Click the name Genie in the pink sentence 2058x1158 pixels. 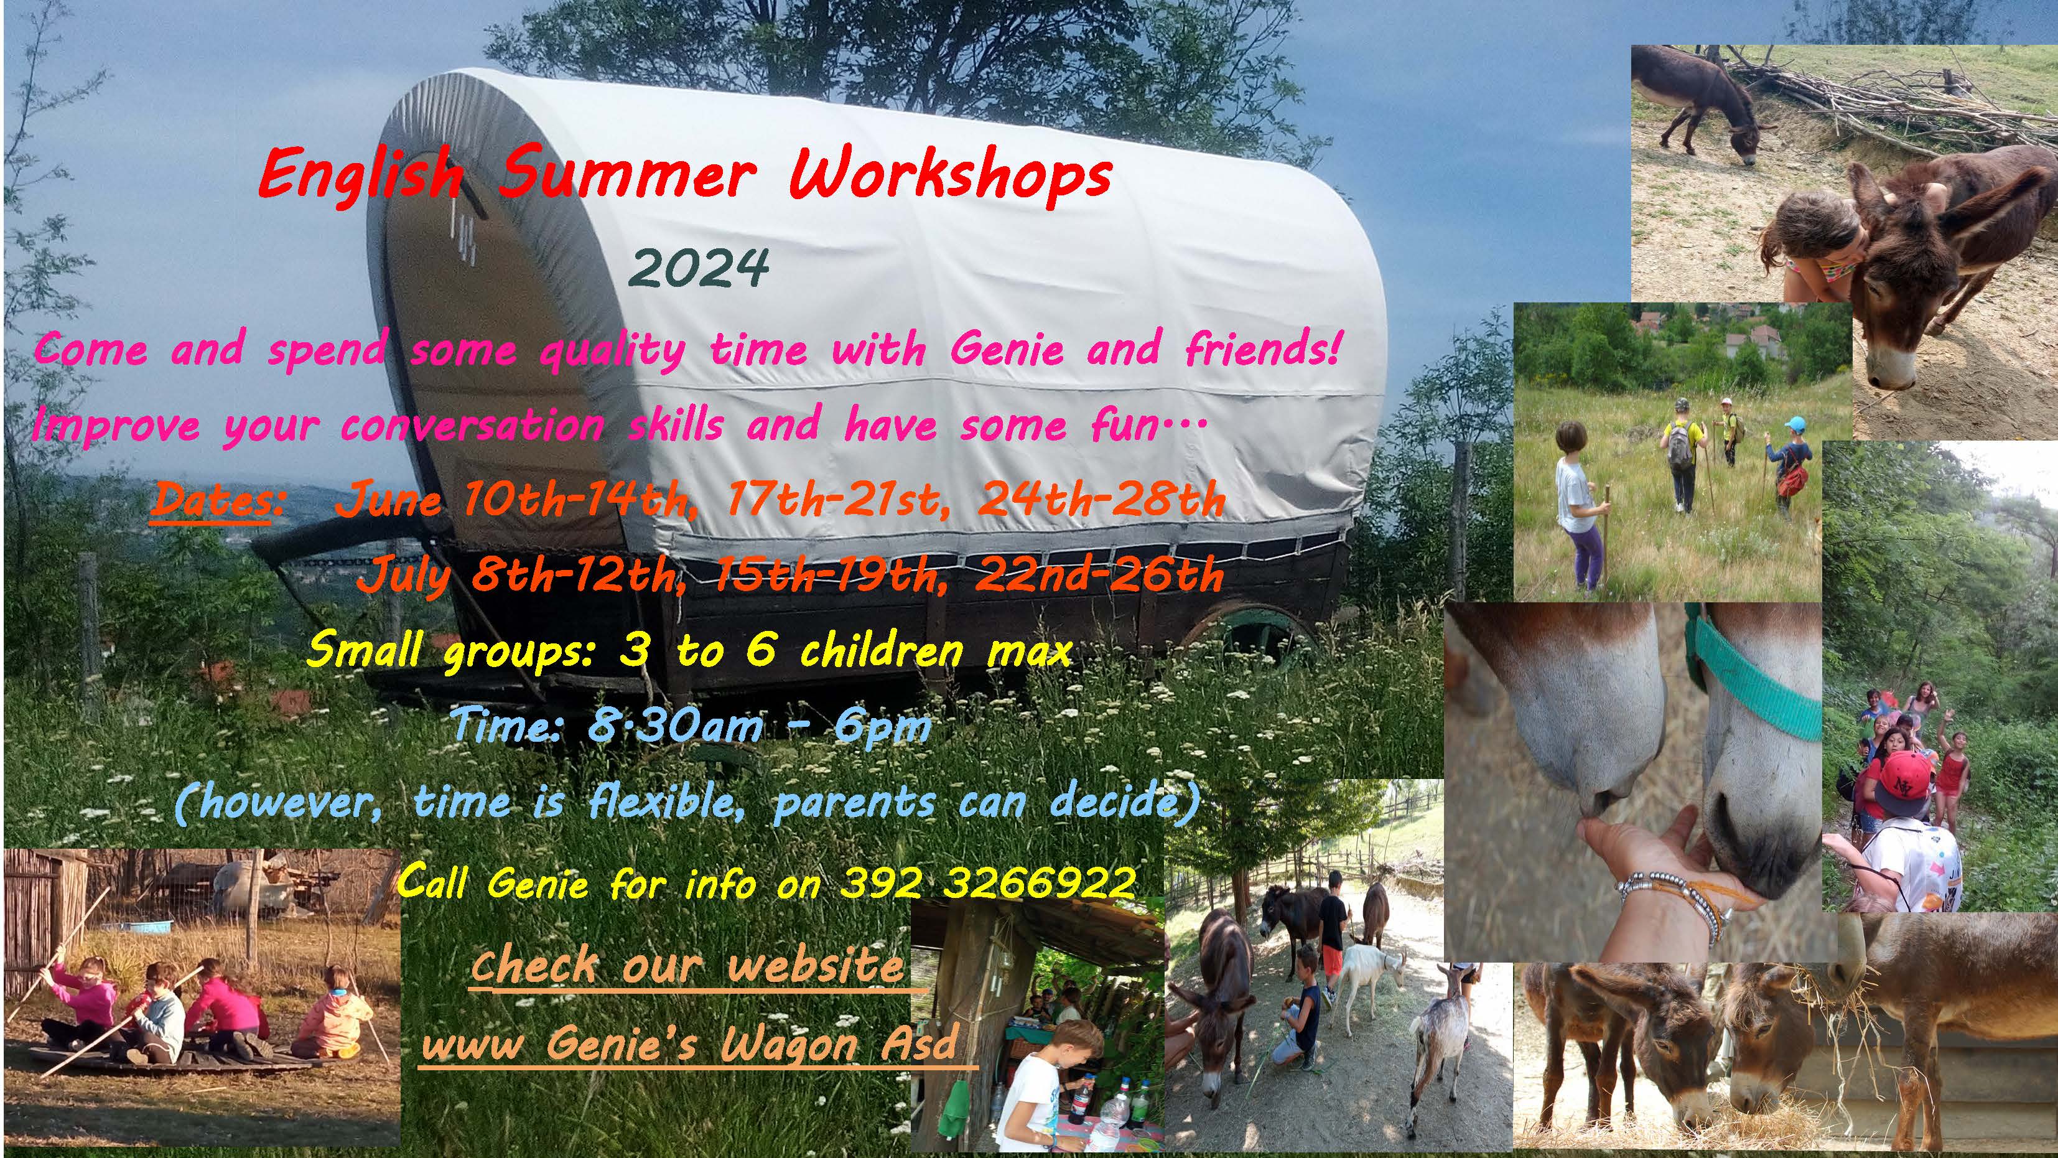click(x=1007, y=349)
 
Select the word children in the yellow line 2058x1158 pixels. click(x=882, y=650)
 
